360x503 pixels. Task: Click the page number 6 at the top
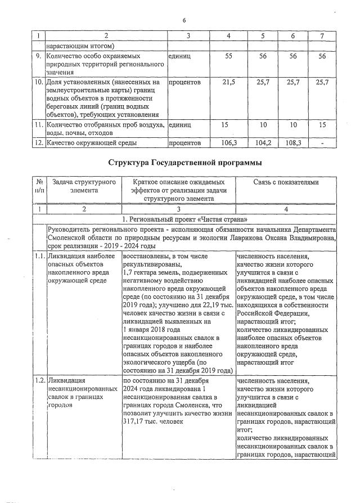point(183,21)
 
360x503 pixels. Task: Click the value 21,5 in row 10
point(228,82)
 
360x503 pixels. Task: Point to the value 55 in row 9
point(229,57)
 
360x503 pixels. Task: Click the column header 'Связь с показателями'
point(286,182)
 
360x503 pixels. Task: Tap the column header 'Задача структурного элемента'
point(84,186)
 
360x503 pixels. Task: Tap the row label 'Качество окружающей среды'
point(92,143)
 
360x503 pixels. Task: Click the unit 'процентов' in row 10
point(185,82)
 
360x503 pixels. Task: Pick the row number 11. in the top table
point(38,125)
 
